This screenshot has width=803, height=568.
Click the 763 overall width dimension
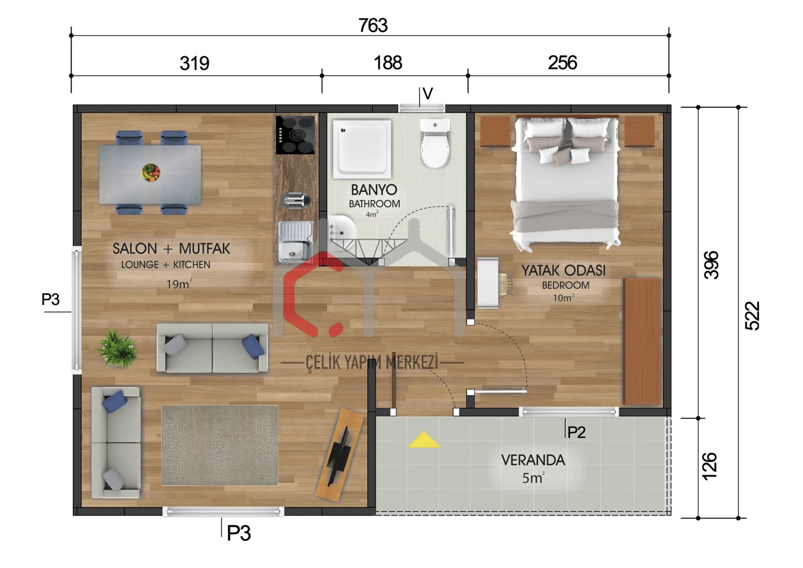coord(373,25)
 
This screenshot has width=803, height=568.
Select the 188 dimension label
coord(388,63)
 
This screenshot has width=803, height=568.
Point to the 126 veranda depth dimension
coord(710,467)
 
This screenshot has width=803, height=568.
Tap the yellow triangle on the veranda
coord(423,441)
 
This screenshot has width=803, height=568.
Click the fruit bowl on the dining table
coord(151,173)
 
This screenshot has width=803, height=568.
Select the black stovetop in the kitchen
coord(295,135)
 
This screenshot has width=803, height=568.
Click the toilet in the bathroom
coord(435,143)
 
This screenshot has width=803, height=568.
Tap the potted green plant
coord(117,349)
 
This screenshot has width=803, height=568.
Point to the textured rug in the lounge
coord(220,446)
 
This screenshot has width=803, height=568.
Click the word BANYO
coord(374,190)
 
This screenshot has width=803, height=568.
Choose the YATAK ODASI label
coord(563,271)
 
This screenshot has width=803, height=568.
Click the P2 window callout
coord(576,432)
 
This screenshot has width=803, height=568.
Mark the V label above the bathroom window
coord(428,94)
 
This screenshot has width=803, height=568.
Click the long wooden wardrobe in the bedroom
coord(642,341)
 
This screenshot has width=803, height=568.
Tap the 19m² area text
coord(179,284)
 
